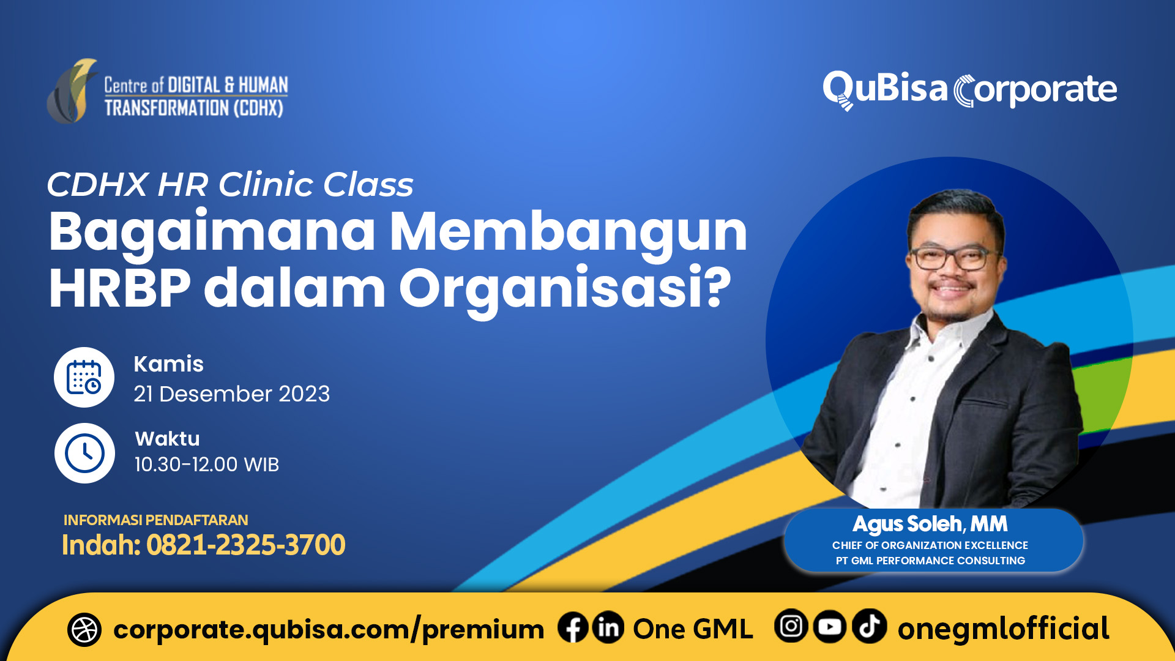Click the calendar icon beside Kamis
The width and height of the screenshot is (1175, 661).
pos(84,377)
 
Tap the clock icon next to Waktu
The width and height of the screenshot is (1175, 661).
pos(84,453)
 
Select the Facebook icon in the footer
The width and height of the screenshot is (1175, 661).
pos(573,628)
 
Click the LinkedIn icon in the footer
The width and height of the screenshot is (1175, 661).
pos(608,628)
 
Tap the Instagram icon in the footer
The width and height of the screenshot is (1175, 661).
pos(791,627)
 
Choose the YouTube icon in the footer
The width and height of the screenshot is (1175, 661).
pos(830,627)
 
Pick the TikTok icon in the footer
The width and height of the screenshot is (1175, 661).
pos(869,627)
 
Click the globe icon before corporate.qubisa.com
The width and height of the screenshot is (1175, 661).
pos(84,630)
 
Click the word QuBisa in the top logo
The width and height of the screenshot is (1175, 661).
pos(885,89)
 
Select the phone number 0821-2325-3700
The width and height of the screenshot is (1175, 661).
pos(246,545)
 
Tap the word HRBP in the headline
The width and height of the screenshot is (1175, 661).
pos(119,288)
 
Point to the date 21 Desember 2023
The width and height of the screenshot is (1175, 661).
pos(231,394)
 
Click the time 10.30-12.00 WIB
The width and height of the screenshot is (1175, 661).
pos(206,465)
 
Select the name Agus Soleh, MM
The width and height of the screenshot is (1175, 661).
pos(930,524)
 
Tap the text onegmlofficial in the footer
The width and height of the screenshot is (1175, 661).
pos(1003,629)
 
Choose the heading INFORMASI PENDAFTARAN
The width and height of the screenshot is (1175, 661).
pos(155,520)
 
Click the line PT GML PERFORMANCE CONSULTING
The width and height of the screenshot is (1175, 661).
pos(930,561)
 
